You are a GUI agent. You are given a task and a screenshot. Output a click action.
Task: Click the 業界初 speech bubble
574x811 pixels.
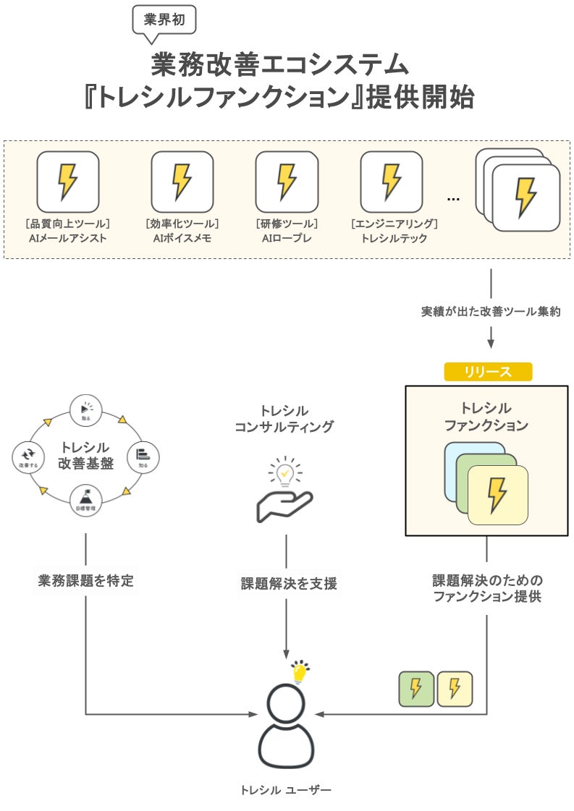[x=164, y=20]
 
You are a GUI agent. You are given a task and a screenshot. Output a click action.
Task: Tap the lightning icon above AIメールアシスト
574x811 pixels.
[x=67, y=182]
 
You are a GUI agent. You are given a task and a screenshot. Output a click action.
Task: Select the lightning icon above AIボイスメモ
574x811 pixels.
[x=182, y=182]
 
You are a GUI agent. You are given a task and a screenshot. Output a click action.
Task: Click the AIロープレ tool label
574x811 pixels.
[x=287, y=238]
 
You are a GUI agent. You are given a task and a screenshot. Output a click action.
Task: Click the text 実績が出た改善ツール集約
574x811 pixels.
[x=491, y=312]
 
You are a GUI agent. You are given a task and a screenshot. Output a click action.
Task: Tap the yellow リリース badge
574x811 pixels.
[x=488, y=372]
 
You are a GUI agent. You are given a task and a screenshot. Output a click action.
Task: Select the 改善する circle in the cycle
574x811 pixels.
[x=28, y=457]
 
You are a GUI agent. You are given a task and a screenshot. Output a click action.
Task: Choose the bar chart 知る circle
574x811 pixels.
[x=143, y=457]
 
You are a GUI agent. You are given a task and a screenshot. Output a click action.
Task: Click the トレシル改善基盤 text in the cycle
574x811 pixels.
[x=85, y=456]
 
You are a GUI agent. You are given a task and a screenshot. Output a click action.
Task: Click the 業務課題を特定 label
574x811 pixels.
[x=85, y=580]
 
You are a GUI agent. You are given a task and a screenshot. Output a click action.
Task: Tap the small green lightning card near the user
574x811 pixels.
[x=416, y=689]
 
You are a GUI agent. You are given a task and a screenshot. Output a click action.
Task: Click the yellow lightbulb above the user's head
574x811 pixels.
[x=299, y=672]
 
